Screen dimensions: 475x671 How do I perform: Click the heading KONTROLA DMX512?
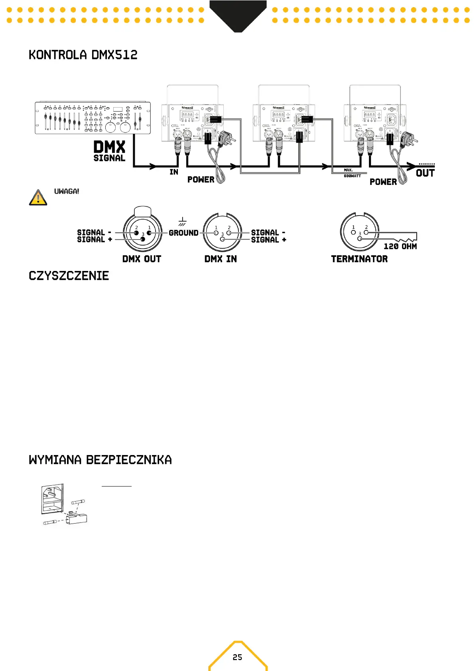[83, 55]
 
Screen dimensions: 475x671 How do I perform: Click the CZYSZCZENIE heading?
[69, 276]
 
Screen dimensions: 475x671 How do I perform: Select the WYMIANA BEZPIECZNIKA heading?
[100, 460]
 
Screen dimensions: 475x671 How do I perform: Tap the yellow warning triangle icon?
[38, 198]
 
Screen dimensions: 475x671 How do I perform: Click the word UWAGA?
[67, 191]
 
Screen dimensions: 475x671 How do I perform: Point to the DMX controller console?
[93, 118]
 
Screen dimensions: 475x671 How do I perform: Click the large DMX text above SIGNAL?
[109, 147]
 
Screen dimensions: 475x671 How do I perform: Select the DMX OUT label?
[142, 259]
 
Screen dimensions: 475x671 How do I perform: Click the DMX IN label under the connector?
[221, 259]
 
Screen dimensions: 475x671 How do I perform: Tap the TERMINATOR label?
[359, 259]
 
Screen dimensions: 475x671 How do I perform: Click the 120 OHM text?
[400, 246]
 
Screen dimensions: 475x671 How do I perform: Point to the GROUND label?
[183, 233]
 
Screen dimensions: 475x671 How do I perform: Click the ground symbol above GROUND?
[182, 222]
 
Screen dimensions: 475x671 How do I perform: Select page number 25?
[237, 657]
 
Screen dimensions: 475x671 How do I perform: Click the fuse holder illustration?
[64, 505]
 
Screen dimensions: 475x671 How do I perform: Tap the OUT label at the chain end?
[425, 173]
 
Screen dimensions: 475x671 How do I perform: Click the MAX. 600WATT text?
[352, 173]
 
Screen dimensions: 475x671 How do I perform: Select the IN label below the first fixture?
[174, 172]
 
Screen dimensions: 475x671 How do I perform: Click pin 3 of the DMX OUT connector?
[143, 239]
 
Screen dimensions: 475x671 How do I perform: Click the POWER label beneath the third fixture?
[383, 182]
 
